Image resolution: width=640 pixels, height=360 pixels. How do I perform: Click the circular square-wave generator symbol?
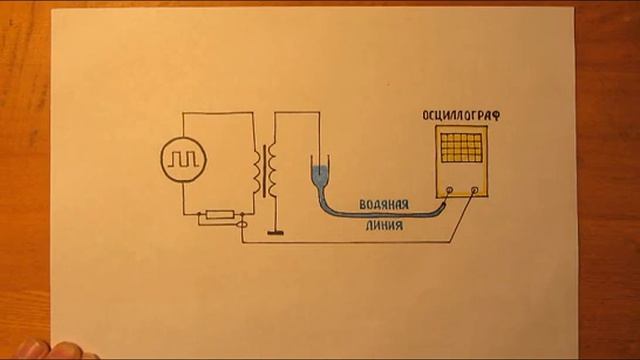(x=183, y=160)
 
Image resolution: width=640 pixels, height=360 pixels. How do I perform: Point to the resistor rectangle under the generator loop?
(x=220, y=214)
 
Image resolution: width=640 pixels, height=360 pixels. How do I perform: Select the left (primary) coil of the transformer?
(x=257, y=174)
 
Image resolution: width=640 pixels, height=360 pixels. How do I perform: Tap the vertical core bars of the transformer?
(x=265, y=171)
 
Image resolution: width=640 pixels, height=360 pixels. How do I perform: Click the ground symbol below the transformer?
(x=275, y=233)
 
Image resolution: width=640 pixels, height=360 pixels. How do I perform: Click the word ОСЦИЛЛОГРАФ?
(x=461, y=116)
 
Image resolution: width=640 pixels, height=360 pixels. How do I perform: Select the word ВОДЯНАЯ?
(x=384, y=204)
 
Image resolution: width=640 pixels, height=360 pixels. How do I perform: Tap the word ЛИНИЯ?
(x=384, y=225)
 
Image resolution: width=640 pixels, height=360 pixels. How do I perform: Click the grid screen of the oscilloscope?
(x=461, y=147)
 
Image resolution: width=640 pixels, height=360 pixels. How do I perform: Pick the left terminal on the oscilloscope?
(x=450, y=190)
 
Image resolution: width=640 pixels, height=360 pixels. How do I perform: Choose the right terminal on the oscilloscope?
(x=475, y=190)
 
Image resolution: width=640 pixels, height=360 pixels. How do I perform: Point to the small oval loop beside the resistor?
(x=242, y=224)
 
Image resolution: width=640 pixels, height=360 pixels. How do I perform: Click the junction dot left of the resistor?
(x=200, y=213)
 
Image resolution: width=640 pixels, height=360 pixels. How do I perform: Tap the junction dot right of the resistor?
(x=242, y=213)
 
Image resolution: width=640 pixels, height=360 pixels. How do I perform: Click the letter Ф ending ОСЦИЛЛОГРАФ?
(x=496, y=116)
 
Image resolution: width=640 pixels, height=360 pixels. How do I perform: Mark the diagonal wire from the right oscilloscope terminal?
(x=462, y=217)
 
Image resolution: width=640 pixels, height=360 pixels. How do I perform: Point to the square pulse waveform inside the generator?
(x=183, y=159)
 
